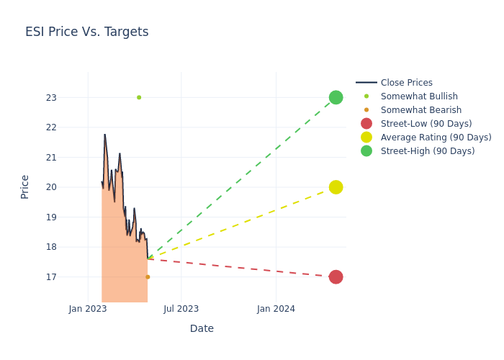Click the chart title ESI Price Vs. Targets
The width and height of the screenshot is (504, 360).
pyautogui.click(x=86, y=32)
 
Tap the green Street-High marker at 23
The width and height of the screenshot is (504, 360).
pyautogui.click(x=336, y=97)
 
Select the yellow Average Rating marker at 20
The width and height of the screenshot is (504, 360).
pyautogui.click(x=336, y=187)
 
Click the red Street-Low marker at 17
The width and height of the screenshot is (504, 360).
pyautogui.click(x=336, y=277)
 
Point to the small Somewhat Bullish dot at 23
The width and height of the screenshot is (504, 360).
pyautogui.click(x=139, y=97)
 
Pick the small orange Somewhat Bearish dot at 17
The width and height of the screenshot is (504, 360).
pyautogui.click(x=148, y=277)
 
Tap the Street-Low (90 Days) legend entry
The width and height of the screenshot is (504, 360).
pyautogui.click(x=426, y=124)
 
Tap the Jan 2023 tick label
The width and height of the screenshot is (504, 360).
pyautogui.click(x=88, y=309)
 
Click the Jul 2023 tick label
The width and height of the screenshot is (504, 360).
pyautogui.click(x=181, y=309)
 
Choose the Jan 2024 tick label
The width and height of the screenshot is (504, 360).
pyautogui.click(x=276, y=309)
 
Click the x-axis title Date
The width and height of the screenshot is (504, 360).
pyautogui.click(x=202, y=328)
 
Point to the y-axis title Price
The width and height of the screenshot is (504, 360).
pyautogui.click(x=25, y=186)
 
